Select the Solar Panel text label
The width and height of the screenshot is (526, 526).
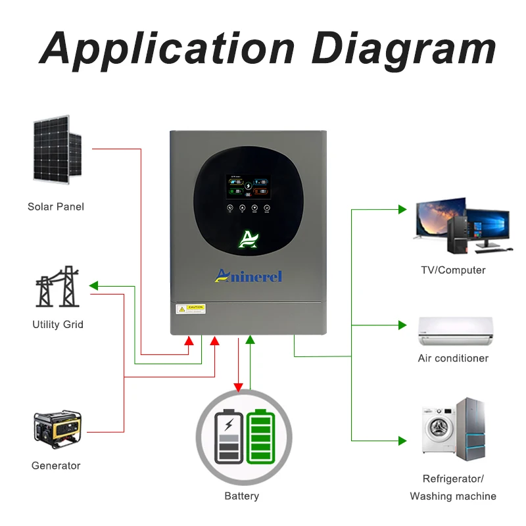(x=56, y=206)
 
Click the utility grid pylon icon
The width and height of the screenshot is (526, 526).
(x=57, y=287)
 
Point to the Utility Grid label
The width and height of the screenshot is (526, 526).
(x=58, y=324)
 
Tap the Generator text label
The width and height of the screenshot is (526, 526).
(x=56, y=466)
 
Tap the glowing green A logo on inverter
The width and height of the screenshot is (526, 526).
(x=248, y=240)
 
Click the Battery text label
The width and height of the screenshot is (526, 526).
(x=242, y=496)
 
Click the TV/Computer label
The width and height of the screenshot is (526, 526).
(x=453, y=270)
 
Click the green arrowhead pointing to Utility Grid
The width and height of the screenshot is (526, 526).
(x=93, y=286)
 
